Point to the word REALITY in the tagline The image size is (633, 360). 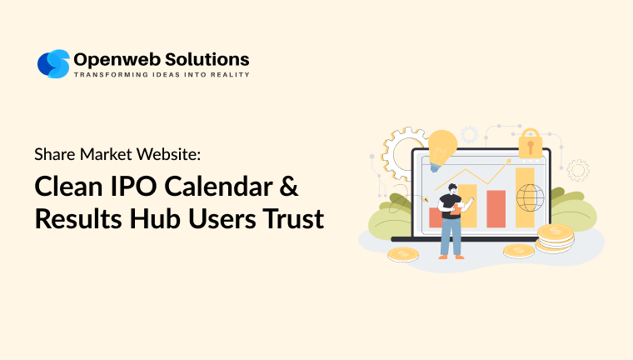pyautogui.click(x=227, y=75)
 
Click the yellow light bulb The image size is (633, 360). pyautogui.click(x=443, y=147)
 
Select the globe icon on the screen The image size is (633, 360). pyautogui.click(x=528, y=198)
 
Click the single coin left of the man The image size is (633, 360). pyautogui.click(x=403, y=253)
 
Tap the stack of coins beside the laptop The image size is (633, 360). pyautogui.click(x=554, y=237)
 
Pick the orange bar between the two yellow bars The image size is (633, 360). pyautogui.click(x=496, y=208)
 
